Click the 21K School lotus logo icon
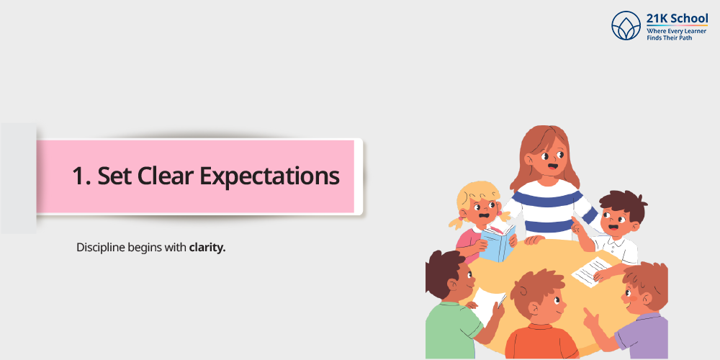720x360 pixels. point(626,25)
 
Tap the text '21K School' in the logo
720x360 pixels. point(678,19)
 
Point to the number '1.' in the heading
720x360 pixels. point(81,176)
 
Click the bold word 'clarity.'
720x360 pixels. point(207,248)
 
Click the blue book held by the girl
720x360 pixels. point(498,243)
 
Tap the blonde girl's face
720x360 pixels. point(481,210)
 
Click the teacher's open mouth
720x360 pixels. point(553,167)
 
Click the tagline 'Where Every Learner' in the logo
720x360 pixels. point(676,31)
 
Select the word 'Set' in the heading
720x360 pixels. point(114,176)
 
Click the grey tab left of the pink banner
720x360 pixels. point(19,179)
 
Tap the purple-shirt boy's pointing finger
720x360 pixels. point(586,312)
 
